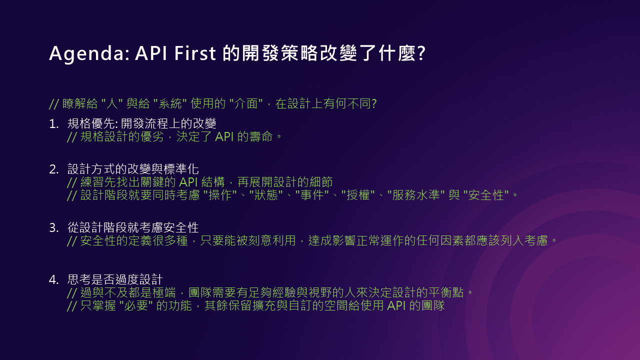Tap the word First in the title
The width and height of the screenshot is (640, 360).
point(195,53)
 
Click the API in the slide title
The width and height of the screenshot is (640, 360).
point(151,53)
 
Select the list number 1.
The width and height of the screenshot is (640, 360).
point(53,124)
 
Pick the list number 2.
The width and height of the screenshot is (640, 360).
point(53,169)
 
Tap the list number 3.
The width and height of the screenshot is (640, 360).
point(53,228)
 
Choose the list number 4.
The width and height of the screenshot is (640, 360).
point(53,279)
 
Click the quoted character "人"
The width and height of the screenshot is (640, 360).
point(112,103)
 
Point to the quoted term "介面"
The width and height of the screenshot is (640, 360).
point(246,103)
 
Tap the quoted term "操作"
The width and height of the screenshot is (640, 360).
point(220,195)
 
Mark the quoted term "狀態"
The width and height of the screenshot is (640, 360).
point(266,195)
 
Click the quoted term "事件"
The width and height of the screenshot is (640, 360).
point(312,195)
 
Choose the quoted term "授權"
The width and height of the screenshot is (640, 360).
point(358,195)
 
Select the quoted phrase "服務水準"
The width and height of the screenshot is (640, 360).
point(416,195)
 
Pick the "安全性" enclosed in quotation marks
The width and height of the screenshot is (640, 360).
point(486,195)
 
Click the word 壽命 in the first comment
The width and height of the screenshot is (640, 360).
point(261,136)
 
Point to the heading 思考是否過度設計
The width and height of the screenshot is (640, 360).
point(115,279)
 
